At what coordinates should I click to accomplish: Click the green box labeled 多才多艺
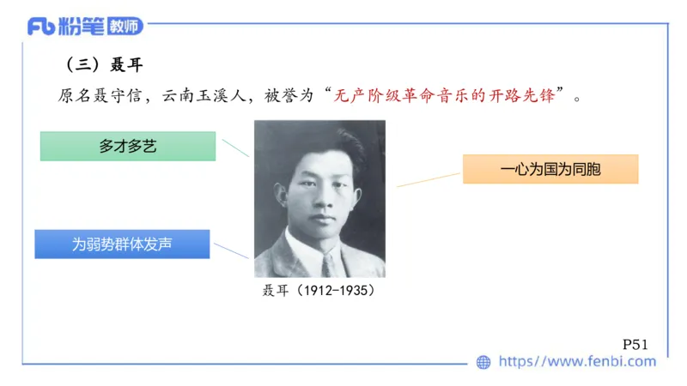point(128,147)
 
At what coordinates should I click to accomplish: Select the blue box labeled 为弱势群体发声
point(122,244)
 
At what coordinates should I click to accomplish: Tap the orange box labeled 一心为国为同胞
point(550,169)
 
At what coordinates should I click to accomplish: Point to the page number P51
point(635,344)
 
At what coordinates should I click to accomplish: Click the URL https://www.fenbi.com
point(577,362)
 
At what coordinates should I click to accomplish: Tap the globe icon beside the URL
point(484,362)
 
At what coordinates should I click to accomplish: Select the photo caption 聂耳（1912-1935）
point(319,291)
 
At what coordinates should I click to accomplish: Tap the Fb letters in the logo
point(41,27)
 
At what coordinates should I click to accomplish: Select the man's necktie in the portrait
point(328,262)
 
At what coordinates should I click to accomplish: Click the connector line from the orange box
point(428,178)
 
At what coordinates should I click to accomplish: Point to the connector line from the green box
point(235,147)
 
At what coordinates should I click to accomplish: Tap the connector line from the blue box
point(232,250)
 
